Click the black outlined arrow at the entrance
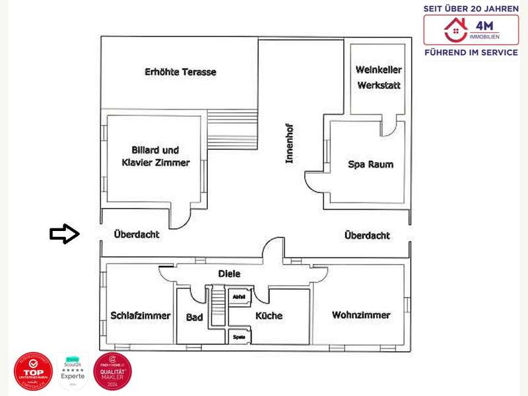[x=64, y=234]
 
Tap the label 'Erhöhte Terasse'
[x=180, y=72]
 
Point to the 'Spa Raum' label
[x=370, y=164]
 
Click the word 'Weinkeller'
[x=378, y=70]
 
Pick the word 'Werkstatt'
[x=378, y=86]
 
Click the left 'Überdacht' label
[x=137, y=234]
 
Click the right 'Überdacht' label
[x=367, y=235]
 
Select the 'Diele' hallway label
[x=229, y=273]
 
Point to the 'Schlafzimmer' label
[x=141, y=315]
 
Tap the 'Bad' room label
[x=194, y=317]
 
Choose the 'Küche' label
[x=269, y=316]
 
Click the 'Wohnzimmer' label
[x=361, y=315]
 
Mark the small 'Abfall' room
[x=239, y=297]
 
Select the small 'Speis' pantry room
[x=239, y=336]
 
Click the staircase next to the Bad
[x=215, y=306]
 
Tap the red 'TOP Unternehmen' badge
[x=32, y=372]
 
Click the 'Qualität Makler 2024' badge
[x=112, y=372]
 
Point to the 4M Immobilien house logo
[x=454, y=30]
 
